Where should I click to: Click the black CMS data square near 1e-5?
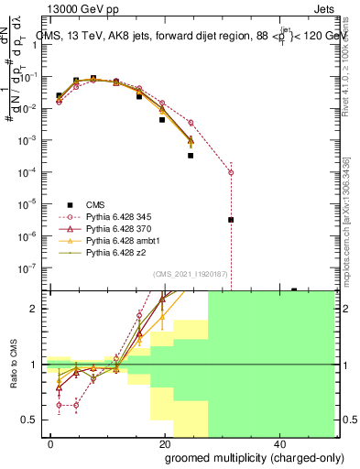pyautogui.click(x=231, y=220)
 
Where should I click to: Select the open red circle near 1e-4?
pyautogui.click(x=231, y=172)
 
